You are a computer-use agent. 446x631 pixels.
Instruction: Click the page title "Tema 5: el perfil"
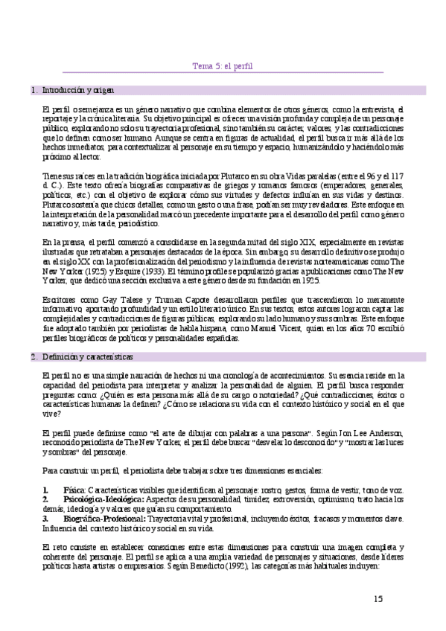(x=223, y=65)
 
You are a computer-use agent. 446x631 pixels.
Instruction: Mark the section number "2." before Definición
(x=34, y=358)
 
